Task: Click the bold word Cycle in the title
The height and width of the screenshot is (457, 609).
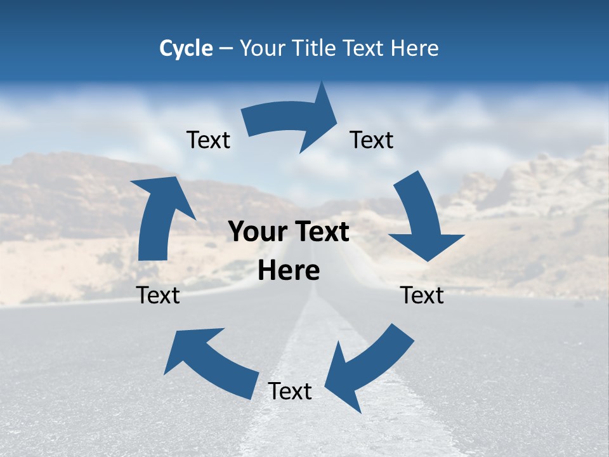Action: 186,48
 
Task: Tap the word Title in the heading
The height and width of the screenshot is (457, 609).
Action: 313,48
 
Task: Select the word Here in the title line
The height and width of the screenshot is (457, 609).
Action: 415,48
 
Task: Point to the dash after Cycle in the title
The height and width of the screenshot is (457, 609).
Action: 226,49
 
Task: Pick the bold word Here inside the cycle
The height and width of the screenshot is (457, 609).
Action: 289,271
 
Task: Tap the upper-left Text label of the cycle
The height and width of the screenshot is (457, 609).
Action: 208,140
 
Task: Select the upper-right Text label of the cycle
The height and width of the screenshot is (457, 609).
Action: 372,140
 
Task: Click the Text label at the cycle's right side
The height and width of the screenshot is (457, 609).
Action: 422,295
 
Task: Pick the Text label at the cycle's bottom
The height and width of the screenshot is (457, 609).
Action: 290,391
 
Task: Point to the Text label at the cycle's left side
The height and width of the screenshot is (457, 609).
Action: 158,295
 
